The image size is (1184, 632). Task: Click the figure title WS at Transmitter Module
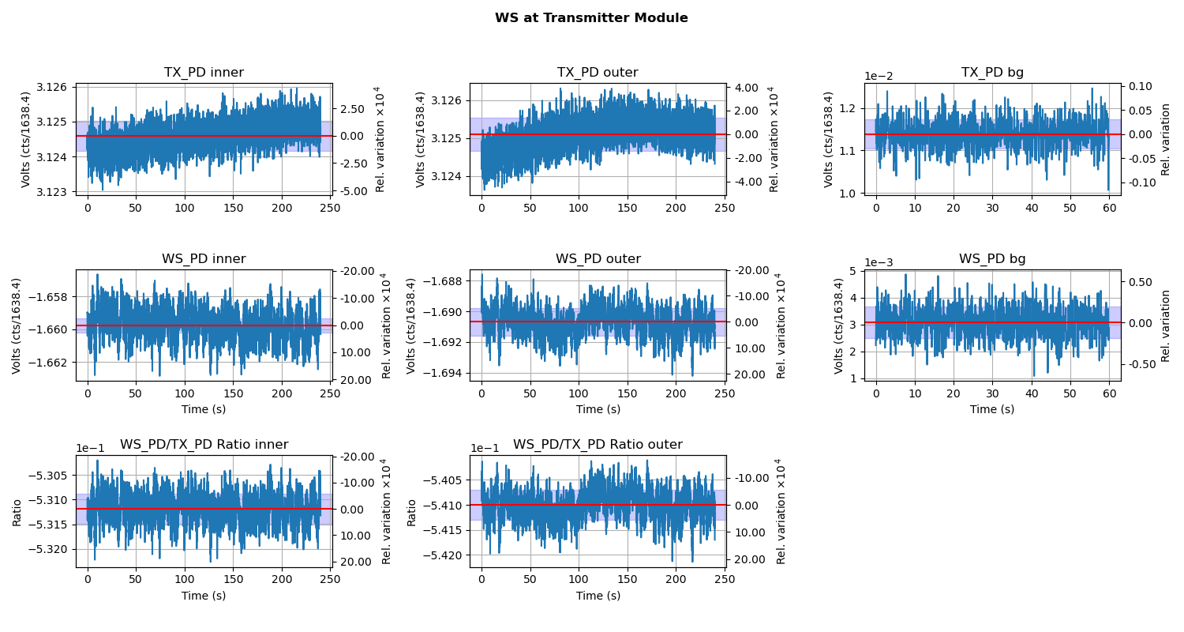pos(591,18)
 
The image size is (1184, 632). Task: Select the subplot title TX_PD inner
pos(204,73)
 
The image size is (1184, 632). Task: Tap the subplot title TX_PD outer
pos(598,73)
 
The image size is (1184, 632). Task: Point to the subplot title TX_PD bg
pos(992,73)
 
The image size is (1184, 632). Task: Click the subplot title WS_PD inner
pos(204,259)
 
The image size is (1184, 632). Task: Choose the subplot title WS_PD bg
pos(992,259)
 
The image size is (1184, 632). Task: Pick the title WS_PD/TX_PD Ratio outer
pos(598,445)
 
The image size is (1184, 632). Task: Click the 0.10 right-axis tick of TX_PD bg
pos(1141,86)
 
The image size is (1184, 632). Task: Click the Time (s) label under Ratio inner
pos(204,596)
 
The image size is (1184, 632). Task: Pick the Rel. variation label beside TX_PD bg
pos(1166,139)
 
